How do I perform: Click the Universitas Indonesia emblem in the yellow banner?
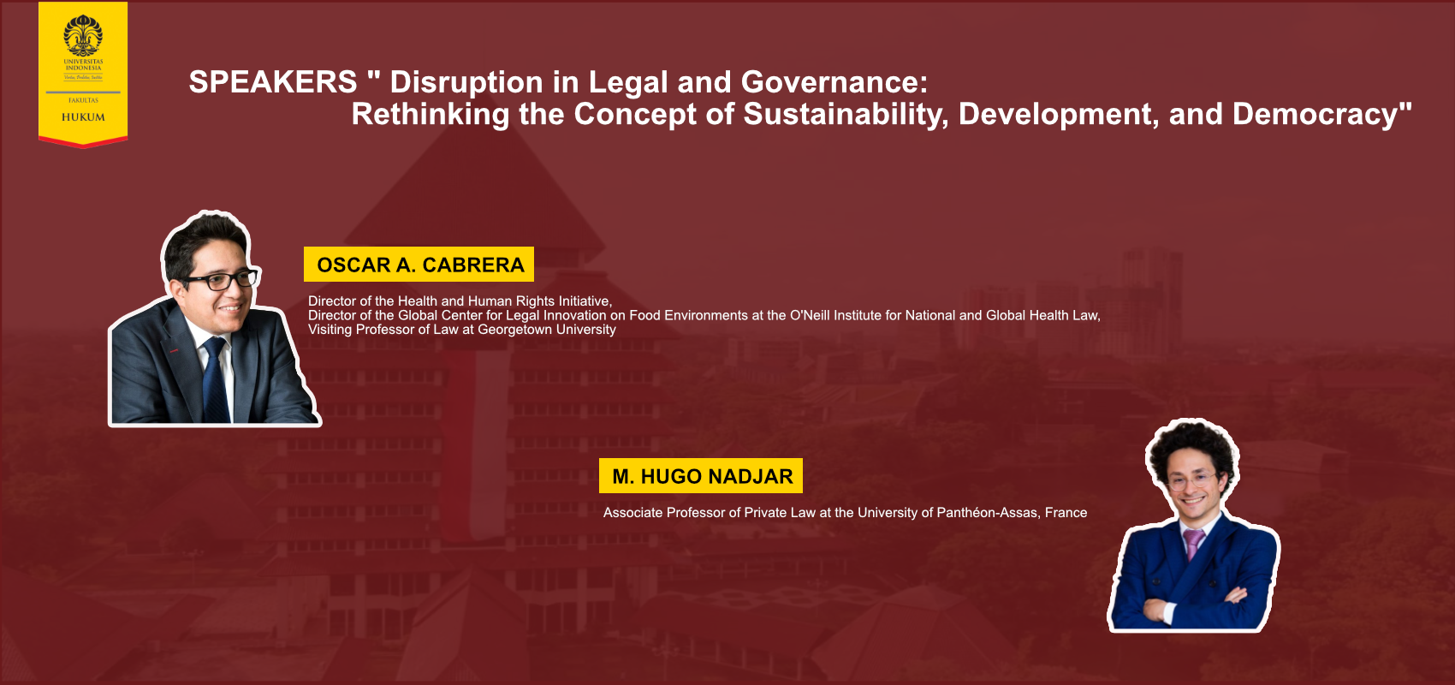(83, 35)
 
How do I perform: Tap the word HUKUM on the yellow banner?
(83, 117)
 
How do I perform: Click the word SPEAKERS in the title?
(273, 82)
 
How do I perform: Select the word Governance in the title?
(834, 82)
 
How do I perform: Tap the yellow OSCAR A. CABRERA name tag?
(419, 264)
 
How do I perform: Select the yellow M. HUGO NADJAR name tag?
(701, 476)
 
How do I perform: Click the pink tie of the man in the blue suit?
(1194, 544)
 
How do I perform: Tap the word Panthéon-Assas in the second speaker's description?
(988, 513)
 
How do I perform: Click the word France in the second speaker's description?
(1066, 513)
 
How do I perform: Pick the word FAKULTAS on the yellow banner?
(83, 100)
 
